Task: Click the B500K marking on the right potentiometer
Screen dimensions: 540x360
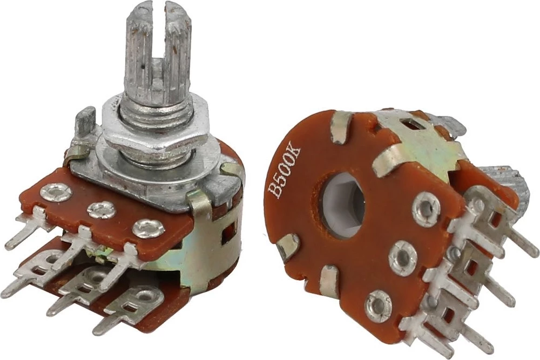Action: pyautogui.click(x=285, y=172)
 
